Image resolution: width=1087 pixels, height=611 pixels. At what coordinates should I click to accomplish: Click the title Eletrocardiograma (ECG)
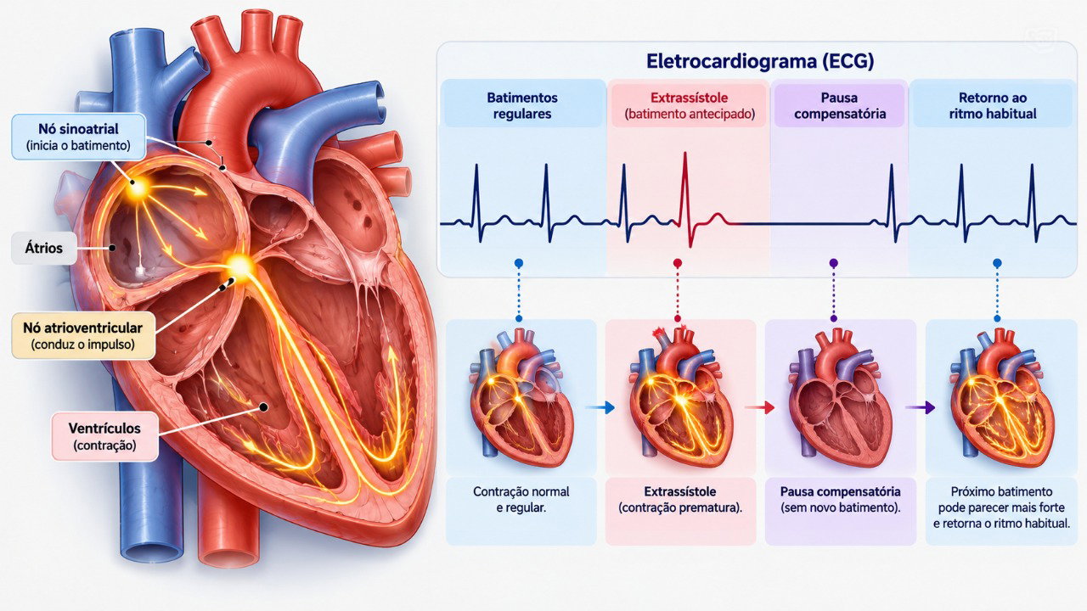(760, 62)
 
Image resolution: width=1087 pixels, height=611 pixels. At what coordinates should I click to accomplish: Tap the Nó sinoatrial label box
(79, 137)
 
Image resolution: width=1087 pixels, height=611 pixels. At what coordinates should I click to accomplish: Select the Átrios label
(43, 249)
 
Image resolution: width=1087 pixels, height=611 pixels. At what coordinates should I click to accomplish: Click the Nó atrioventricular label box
(83, 335)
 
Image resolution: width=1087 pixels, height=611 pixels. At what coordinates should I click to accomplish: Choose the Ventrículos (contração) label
(104, 436)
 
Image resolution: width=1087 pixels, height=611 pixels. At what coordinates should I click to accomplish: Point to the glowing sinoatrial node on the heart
(138, 188)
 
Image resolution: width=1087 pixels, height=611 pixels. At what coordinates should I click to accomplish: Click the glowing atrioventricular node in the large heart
(239, 266)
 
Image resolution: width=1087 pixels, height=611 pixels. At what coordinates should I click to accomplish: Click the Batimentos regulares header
(522, 106)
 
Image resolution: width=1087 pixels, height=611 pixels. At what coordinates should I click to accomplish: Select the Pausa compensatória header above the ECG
(840, 106)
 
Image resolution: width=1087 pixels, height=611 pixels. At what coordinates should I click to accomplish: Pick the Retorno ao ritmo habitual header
(993, 106)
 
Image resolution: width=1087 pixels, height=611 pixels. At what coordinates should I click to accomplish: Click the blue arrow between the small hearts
(600, 408)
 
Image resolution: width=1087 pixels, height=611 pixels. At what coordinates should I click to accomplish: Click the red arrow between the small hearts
(760, 407)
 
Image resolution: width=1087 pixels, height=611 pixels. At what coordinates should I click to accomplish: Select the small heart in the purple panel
(840, 398)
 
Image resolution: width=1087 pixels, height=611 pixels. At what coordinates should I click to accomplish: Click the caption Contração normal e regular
(521, 500)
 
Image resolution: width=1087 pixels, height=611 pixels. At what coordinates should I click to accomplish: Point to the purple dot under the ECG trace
(834, 263)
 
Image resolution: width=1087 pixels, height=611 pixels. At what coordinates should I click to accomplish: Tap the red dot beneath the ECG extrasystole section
(678, 263)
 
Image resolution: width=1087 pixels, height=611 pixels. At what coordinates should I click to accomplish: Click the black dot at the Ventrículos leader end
(263, 407)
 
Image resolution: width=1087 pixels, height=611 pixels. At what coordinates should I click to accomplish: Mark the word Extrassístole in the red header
(689, 98)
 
